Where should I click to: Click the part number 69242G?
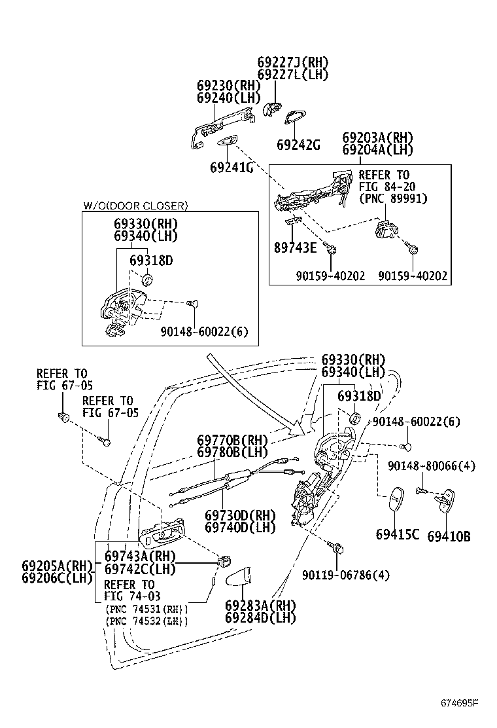coord(298,145)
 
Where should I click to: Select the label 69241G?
coord(231,168)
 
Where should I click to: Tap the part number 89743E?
coord(295,247)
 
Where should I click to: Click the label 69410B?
coord(449,536)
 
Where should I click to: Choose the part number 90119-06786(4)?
coord(346,575)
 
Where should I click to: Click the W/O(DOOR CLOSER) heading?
coord(135,206)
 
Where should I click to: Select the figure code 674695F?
coord(458,704)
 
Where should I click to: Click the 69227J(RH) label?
coord(292,63)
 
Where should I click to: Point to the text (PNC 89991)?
coord(392,198)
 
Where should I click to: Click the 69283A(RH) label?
coord(260,606)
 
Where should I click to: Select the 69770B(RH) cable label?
coord(233,440)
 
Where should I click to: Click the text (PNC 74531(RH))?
coord(146,609)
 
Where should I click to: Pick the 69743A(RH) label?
coord(140,556)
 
